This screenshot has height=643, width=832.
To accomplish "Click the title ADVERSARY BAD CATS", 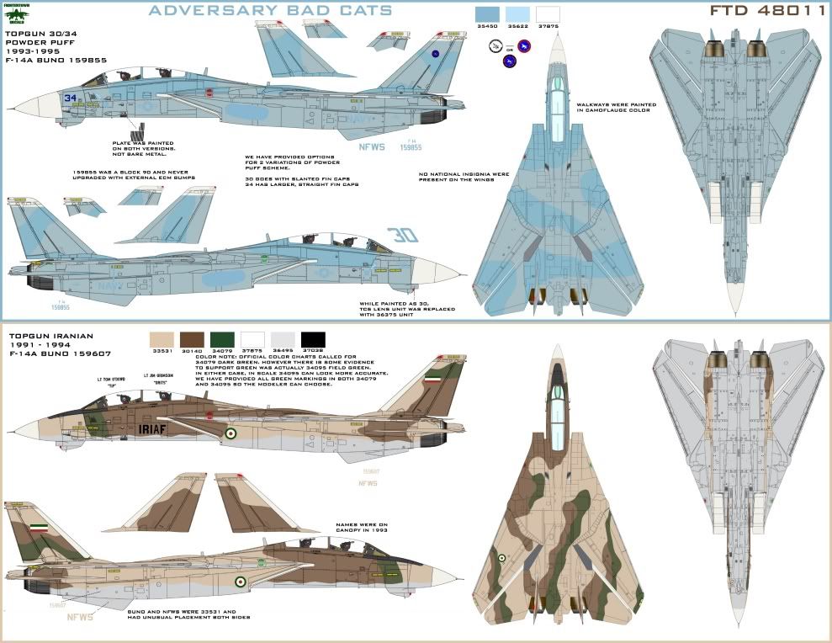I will coord(269,11).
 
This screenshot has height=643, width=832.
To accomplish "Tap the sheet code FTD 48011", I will coord(766,12).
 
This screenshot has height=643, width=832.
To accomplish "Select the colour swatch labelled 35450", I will coord(486,14).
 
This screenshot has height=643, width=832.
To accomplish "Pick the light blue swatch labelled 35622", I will coord(517,14).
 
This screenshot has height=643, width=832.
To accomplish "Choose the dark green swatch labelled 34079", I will coord(223,339).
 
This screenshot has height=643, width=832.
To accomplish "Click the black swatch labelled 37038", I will coord(313,339).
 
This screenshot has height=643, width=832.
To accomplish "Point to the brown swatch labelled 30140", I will coord(192,339).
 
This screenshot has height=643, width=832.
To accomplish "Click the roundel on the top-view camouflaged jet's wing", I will coord(501,557).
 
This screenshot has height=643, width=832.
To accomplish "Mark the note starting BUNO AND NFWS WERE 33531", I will coord(188,613).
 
